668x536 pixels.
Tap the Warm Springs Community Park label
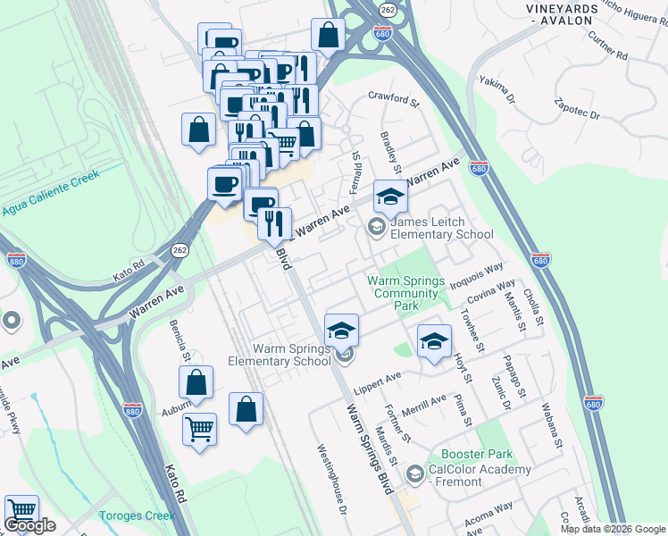click(406, 293)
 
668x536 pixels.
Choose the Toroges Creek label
click(136, 515)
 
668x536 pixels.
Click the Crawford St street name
click(394, 101)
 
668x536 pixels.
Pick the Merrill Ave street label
click(424, 403)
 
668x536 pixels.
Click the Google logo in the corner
click(29, 525)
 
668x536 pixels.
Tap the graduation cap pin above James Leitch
click(390, 197)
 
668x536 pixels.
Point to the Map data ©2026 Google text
click(613, 529)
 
